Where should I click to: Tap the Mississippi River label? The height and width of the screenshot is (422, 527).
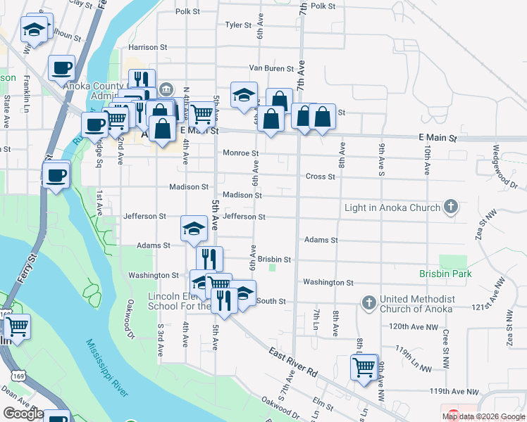tap(106, 368)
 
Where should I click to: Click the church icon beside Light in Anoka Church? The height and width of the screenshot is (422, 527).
tap(452, 207)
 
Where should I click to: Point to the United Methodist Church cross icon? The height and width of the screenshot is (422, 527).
tap(368, 303)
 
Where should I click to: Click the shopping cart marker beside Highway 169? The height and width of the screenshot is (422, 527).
tap(17, 327)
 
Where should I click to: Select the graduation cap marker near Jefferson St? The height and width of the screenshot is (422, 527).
tap(194, 229)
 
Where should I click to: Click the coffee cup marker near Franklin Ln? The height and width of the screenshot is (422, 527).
tap(61, 68)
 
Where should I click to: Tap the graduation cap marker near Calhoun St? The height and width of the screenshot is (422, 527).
tap(34, 29)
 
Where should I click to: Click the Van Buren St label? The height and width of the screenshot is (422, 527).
tap(271, 69)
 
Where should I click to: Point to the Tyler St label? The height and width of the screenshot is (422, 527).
tap(238, 25)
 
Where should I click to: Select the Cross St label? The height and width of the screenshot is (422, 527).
tap(320, 177)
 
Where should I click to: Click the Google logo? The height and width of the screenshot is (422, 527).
tap(23, 414)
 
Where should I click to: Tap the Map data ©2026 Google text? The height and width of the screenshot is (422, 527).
tap(483, 416)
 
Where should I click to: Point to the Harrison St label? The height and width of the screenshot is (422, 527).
tap(148, 47)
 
